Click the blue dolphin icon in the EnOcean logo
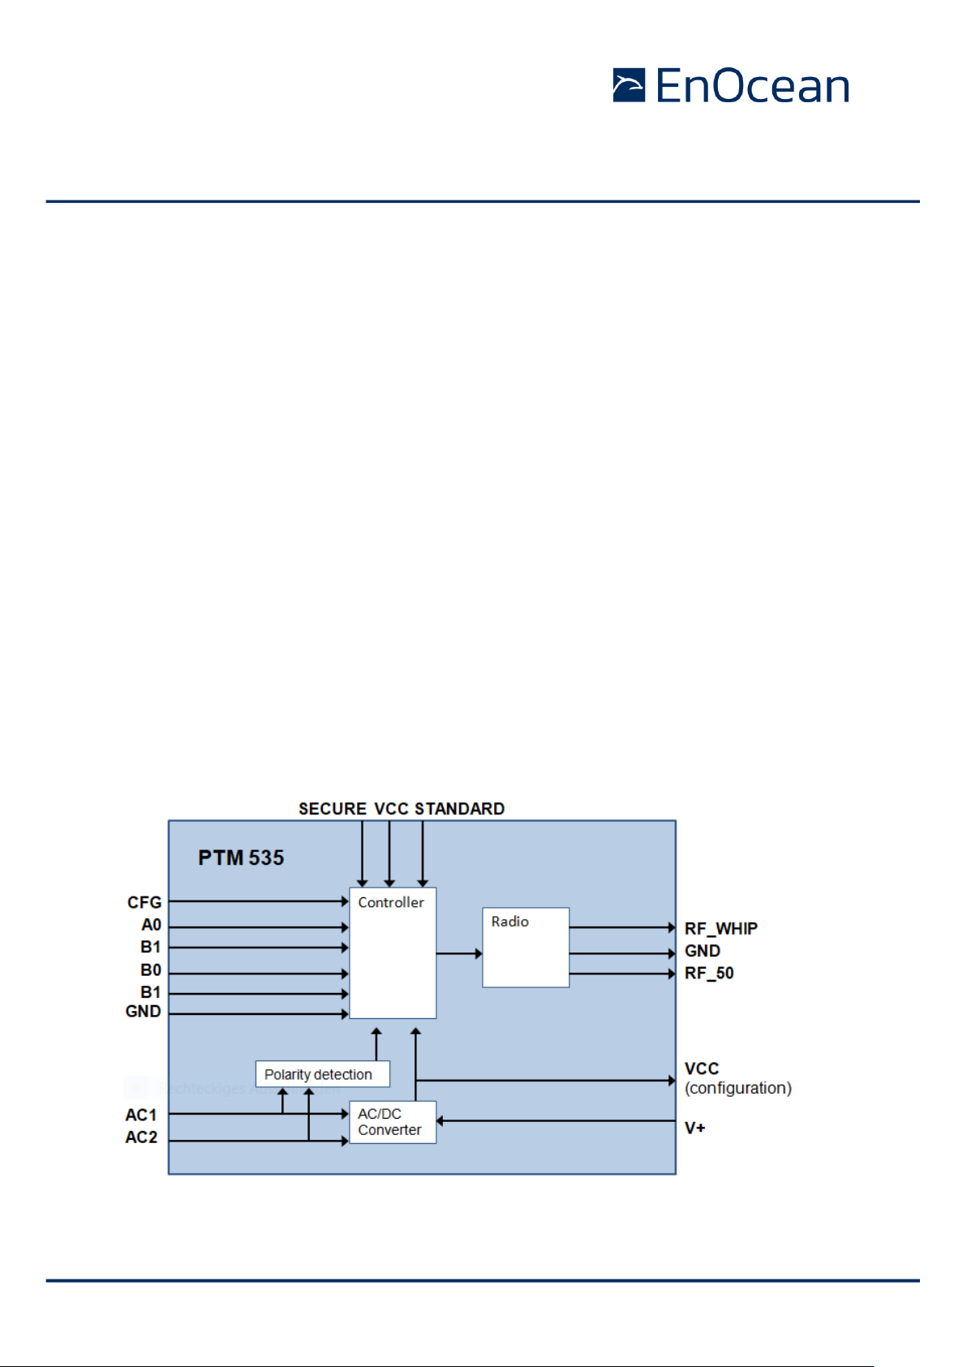629,85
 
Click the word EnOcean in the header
752,85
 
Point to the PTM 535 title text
241,858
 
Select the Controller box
393,952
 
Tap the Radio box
526,947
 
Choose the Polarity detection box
322,1074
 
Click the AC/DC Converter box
393,1122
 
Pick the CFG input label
144,902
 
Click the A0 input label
152,925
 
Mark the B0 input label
151,969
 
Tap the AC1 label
141,1115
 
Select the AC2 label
141,1137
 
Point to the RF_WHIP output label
721,928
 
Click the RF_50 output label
709,973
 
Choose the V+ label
695,1128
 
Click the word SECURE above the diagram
333,809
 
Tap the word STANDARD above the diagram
459,809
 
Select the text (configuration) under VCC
738,1087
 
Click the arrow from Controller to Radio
459,952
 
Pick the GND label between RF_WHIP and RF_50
703,950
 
